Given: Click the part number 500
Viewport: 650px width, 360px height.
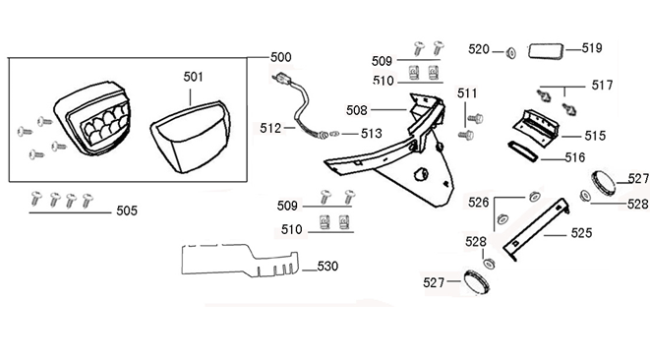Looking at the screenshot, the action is (280, 57).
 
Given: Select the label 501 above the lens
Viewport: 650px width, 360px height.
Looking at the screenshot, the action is (194, 77).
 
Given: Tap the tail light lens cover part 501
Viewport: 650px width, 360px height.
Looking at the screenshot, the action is (190, 137).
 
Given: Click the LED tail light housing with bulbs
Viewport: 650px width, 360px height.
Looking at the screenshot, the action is (92, 119).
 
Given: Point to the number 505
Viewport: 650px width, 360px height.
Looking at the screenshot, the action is (127, 210).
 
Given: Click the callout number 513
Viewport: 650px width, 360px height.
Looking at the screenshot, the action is (372, 134).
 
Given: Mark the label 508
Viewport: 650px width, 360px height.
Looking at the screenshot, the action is (357, 110).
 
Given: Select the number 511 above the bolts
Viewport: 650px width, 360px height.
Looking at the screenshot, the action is (467, 93).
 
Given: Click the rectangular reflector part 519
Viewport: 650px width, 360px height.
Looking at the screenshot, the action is (546, 51).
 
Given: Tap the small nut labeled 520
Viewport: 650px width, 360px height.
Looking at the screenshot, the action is (511, 53).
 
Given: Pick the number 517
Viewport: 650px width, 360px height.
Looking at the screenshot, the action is (602, 86).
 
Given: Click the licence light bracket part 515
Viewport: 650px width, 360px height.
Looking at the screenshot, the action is (537, 128).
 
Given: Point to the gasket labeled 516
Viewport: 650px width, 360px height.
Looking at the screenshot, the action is (523, 150).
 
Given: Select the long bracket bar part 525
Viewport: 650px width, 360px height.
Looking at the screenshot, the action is (536, 229).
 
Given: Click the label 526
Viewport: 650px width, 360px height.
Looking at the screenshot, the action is (478, 203).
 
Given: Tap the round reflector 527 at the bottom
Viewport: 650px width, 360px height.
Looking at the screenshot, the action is (476, 281).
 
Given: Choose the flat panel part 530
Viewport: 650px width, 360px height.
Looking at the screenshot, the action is (240, 260).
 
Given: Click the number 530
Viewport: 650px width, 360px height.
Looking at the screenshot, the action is (327, 266).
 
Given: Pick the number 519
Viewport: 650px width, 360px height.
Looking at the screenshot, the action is (592, 48).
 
